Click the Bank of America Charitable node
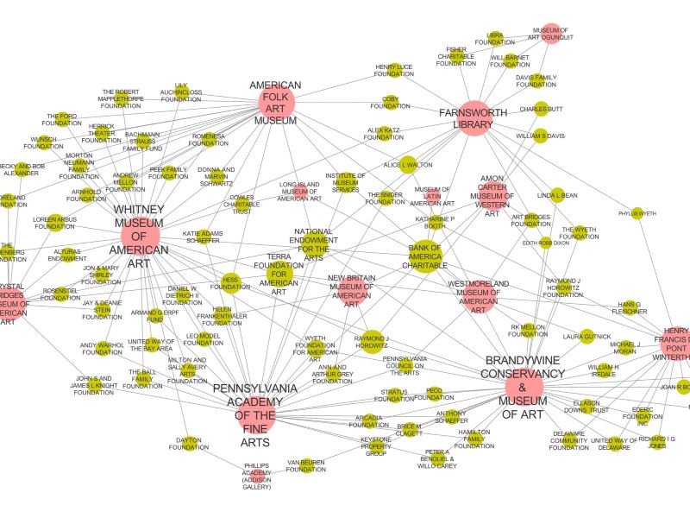[425, 255]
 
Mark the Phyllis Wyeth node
[637, 213]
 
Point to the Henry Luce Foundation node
[393, 70]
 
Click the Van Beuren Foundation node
[306, 466]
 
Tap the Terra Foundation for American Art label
[279, 275]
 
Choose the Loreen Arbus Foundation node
[54, 221]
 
